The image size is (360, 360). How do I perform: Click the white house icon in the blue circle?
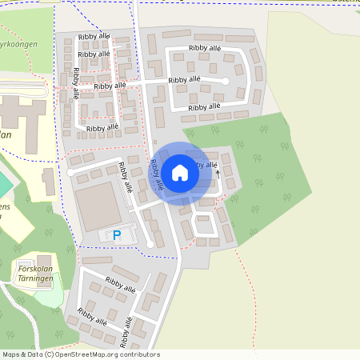point(180,172)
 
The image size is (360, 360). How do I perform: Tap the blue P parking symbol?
point(117,235)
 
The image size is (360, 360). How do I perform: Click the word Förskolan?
point(34,269)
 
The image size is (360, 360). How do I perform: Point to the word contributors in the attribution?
point(139,354)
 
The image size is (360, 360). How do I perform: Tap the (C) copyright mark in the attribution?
point(50,354)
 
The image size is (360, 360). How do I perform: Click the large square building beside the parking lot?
point(98,204)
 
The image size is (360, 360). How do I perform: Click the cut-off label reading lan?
point(6,135)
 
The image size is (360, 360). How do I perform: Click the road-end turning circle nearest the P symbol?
point(150,243)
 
